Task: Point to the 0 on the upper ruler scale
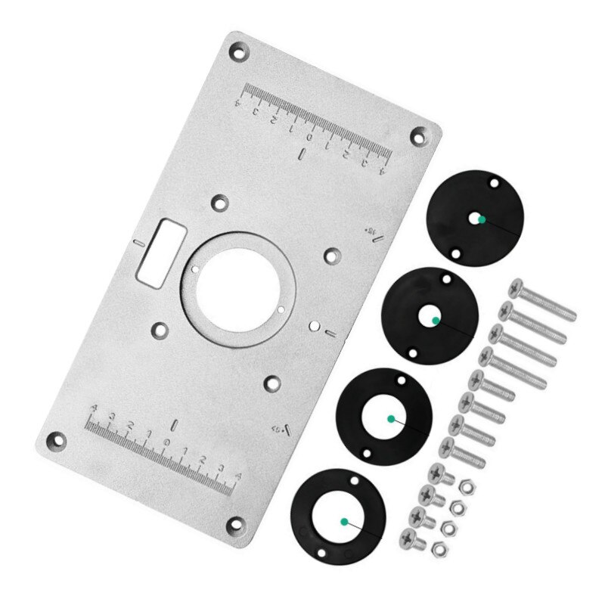coord(309,138)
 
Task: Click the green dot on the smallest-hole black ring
coord(479,219)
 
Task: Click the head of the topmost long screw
coord(517,288)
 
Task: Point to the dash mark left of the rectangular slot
coord(137,243)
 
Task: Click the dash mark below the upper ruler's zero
coord(302,155)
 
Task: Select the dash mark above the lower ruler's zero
coord(173,423)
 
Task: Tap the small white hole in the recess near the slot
coord(195,268)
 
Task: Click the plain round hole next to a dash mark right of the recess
coord(313,326)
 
